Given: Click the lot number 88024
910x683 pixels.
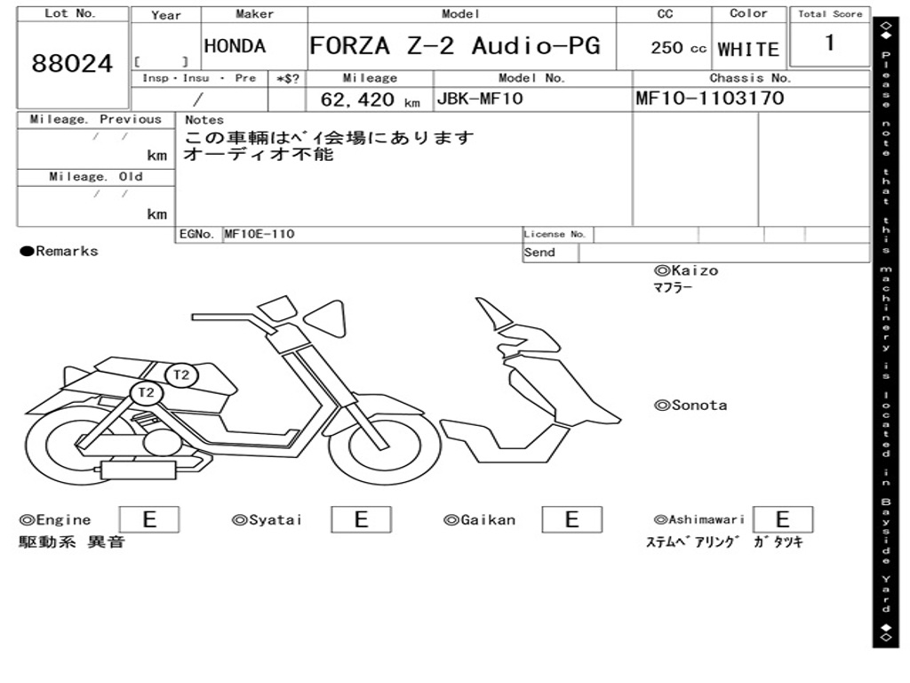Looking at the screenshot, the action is click(x=73, y=64).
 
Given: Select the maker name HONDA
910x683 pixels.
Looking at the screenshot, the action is click(x=235, y=46).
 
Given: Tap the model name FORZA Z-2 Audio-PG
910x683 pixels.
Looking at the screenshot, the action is click(x=455, y=46).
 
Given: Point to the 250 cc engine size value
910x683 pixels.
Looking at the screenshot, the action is click(x=678, y=48).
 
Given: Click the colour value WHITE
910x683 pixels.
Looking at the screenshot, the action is click(x=748, y=50).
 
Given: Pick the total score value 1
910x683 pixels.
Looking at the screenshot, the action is click(x=829, y=43).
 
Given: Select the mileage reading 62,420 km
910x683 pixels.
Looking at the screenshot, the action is click(x=370, y=100).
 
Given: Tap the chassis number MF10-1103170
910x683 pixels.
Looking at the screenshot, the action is click(x=710, y=99).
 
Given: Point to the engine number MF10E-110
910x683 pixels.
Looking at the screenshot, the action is click(x=259, y=234).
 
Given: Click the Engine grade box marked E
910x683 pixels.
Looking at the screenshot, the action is click(x=149, y=519).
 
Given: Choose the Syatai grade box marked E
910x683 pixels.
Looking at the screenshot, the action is click(x=361, y=519).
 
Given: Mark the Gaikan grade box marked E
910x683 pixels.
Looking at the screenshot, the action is click(x=571, y=519).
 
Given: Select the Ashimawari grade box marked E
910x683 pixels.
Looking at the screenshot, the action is click(x=782, y=519).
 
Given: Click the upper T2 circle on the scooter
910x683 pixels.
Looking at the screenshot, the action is click(x=181, y=374).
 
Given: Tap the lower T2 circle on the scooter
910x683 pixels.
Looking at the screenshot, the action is click(x=147, y=392).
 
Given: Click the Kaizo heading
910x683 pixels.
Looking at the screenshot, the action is click(x=686, y=270).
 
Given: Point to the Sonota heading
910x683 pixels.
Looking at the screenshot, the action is click(x=690, y=406).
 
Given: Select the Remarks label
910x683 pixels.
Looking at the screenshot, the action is click(x=60, y=251).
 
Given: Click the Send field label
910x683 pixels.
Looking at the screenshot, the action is click(x=539, y=253).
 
